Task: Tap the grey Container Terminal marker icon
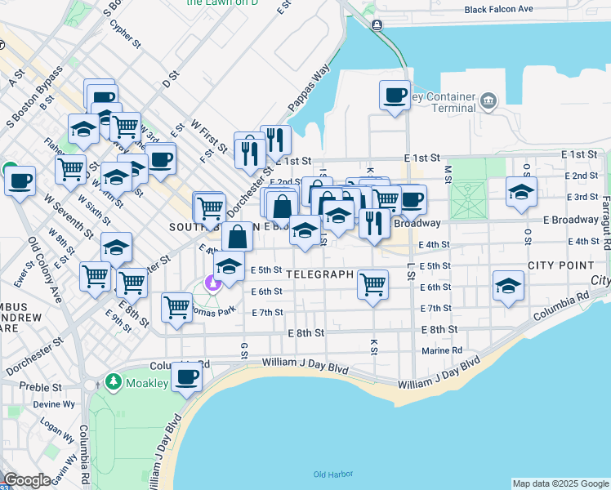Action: (488, 101)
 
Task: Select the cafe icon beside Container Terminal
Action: (395, 96)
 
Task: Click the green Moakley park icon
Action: (113, 382)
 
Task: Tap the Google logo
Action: (27, 479)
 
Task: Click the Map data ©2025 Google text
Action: (560, 483)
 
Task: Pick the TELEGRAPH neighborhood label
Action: (320, 275)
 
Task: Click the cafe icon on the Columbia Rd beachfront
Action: (187, 377)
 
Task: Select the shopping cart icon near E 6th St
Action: (372, 284)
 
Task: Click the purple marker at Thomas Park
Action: (213, 283)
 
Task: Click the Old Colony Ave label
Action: (45, 270)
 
